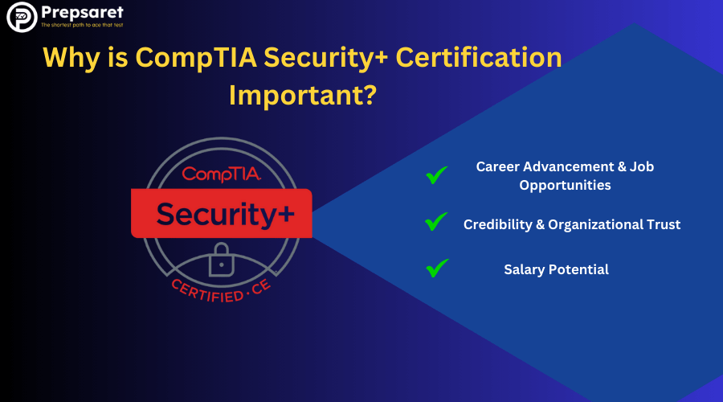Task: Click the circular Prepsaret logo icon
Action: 22,17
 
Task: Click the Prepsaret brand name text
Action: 82,12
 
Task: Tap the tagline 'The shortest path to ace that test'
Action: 82,25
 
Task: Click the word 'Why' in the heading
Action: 71,58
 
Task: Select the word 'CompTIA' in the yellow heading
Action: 196,58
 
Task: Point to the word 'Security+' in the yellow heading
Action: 326,58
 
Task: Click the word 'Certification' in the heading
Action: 479,57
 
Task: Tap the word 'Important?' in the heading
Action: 303,95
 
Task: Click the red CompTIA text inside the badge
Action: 222,174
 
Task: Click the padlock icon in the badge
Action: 222,260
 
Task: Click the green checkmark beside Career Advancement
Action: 436,174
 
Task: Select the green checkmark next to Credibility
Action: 436,222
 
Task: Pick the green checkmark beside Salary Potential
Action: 437,269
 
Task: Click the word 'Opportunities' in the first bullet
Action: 565,186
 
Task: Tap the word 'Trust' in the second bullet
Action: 664,224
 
